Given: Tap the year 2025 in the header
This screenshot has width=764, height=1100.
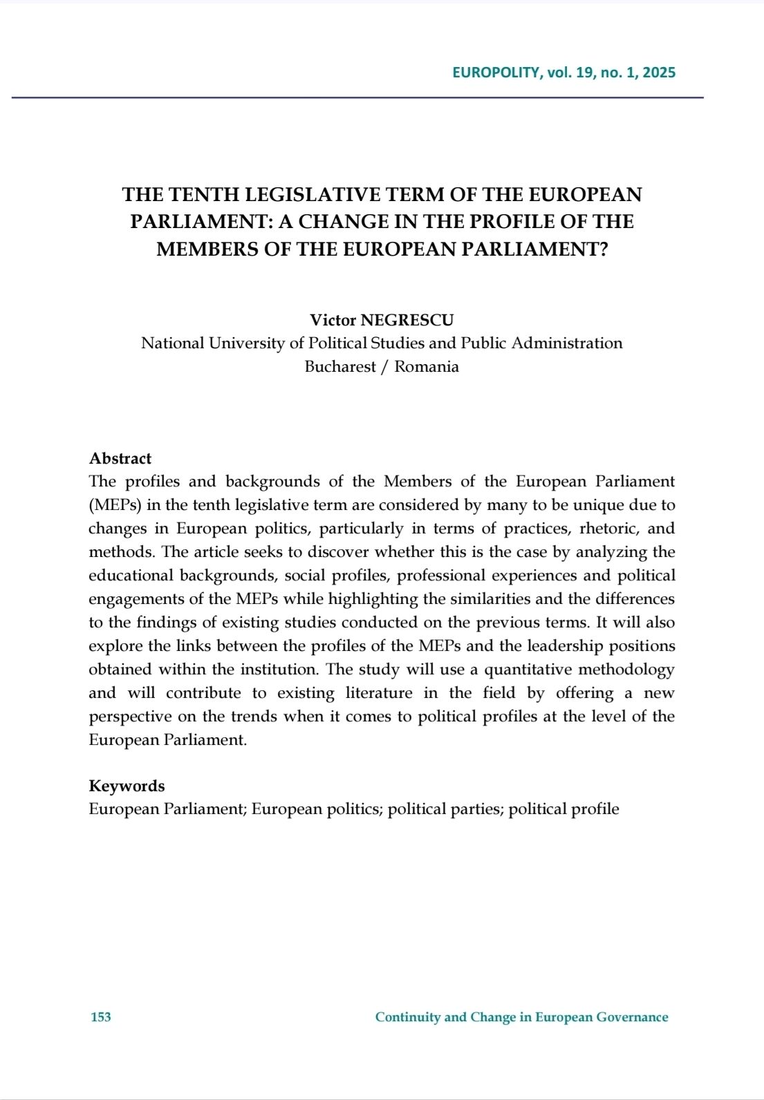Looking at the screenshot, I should tap(659, 73).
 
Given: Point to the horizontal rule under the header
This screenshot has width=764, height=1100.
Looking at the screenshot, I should tap(357, 97).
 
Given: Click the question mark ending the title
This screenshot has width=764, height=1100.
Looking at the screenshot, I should tap(603, 249).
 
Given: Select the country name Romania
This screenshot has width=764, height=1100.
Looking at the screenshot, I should tap(427, 367).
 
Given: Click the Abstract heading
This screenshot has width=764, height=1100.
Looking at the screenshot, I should tap(120, 459).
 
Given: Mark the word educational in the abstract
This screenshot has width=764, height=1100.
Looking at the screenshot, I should tap(131, 576).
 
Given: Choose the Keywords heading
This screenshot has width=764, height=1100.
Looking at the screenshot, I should tap(127, 786).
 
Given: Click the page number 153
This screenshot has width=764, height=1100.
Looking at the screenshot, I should tap(101, 1017).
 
